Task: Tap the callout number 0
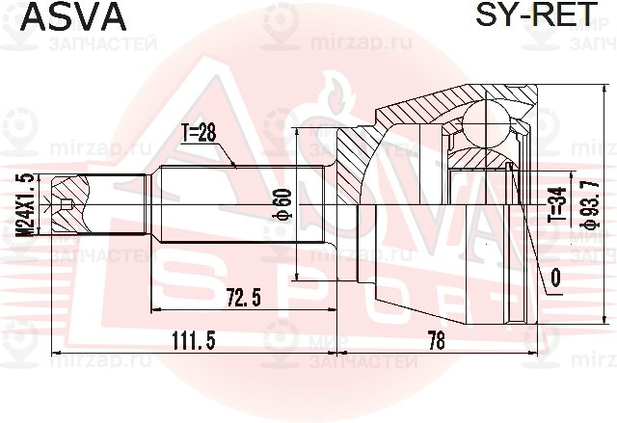click(555, 280)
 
